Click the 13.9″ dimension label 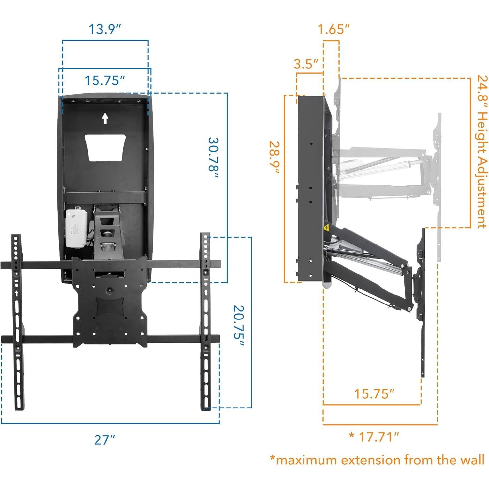tap(105, 29)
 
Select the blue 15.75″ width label tap(105, 81)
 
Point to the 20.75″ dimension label tap(238, 326)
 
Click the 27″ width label tap(104, 440)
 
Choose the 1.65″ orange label tap(333, 29)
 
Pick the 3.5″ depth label tap(306, 64)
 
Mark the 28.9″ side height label tap(274, 157)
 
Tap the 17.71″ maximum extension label tap(378, 436)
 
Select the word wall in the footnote tap(470, 460)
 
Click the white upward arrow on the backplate tap(105, 118)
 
